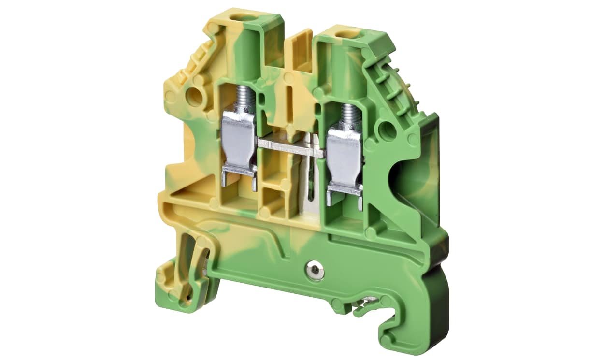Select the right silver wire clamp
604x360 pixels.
tap(344, 159)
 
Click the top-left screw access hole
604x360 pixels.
tap(237, 18)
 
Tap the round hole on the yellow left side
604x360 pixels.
tap(194, 97)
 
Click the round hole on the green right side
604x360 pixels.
tap(388, 130)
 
